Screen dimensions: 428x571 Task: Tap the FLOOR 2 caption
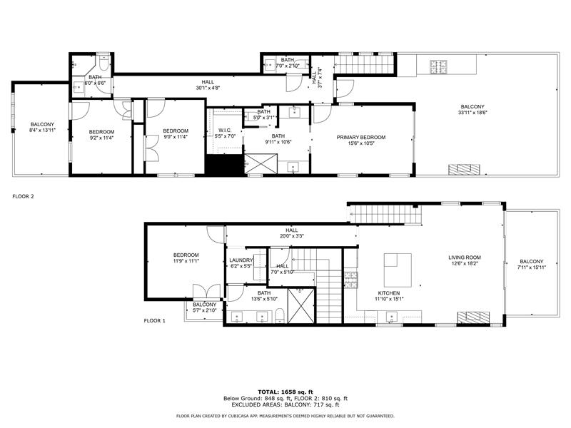24,195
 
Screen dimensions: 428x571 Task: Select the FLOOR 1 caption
155,321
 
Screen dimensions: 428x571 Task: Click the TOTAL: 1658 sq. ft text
285,392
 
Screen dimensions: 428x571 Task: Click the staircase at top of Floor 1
385,213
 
